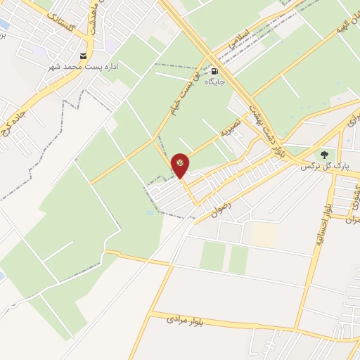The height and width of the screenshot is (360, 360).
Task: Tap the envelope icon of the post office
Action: pos(84,56)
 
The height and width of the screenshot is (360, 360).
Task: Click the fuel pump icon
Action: pos(214,71)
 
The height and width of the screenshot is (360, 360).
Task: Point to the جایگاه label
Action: pos(214,82)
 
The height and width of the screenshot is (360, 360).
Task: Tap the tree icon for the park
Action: pos(324,155)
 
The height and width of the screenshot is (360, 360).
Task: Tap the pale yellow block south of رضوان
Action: pos(264,234)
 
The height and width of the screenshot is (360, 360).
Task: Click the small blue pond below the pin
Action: pos(149,211)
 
